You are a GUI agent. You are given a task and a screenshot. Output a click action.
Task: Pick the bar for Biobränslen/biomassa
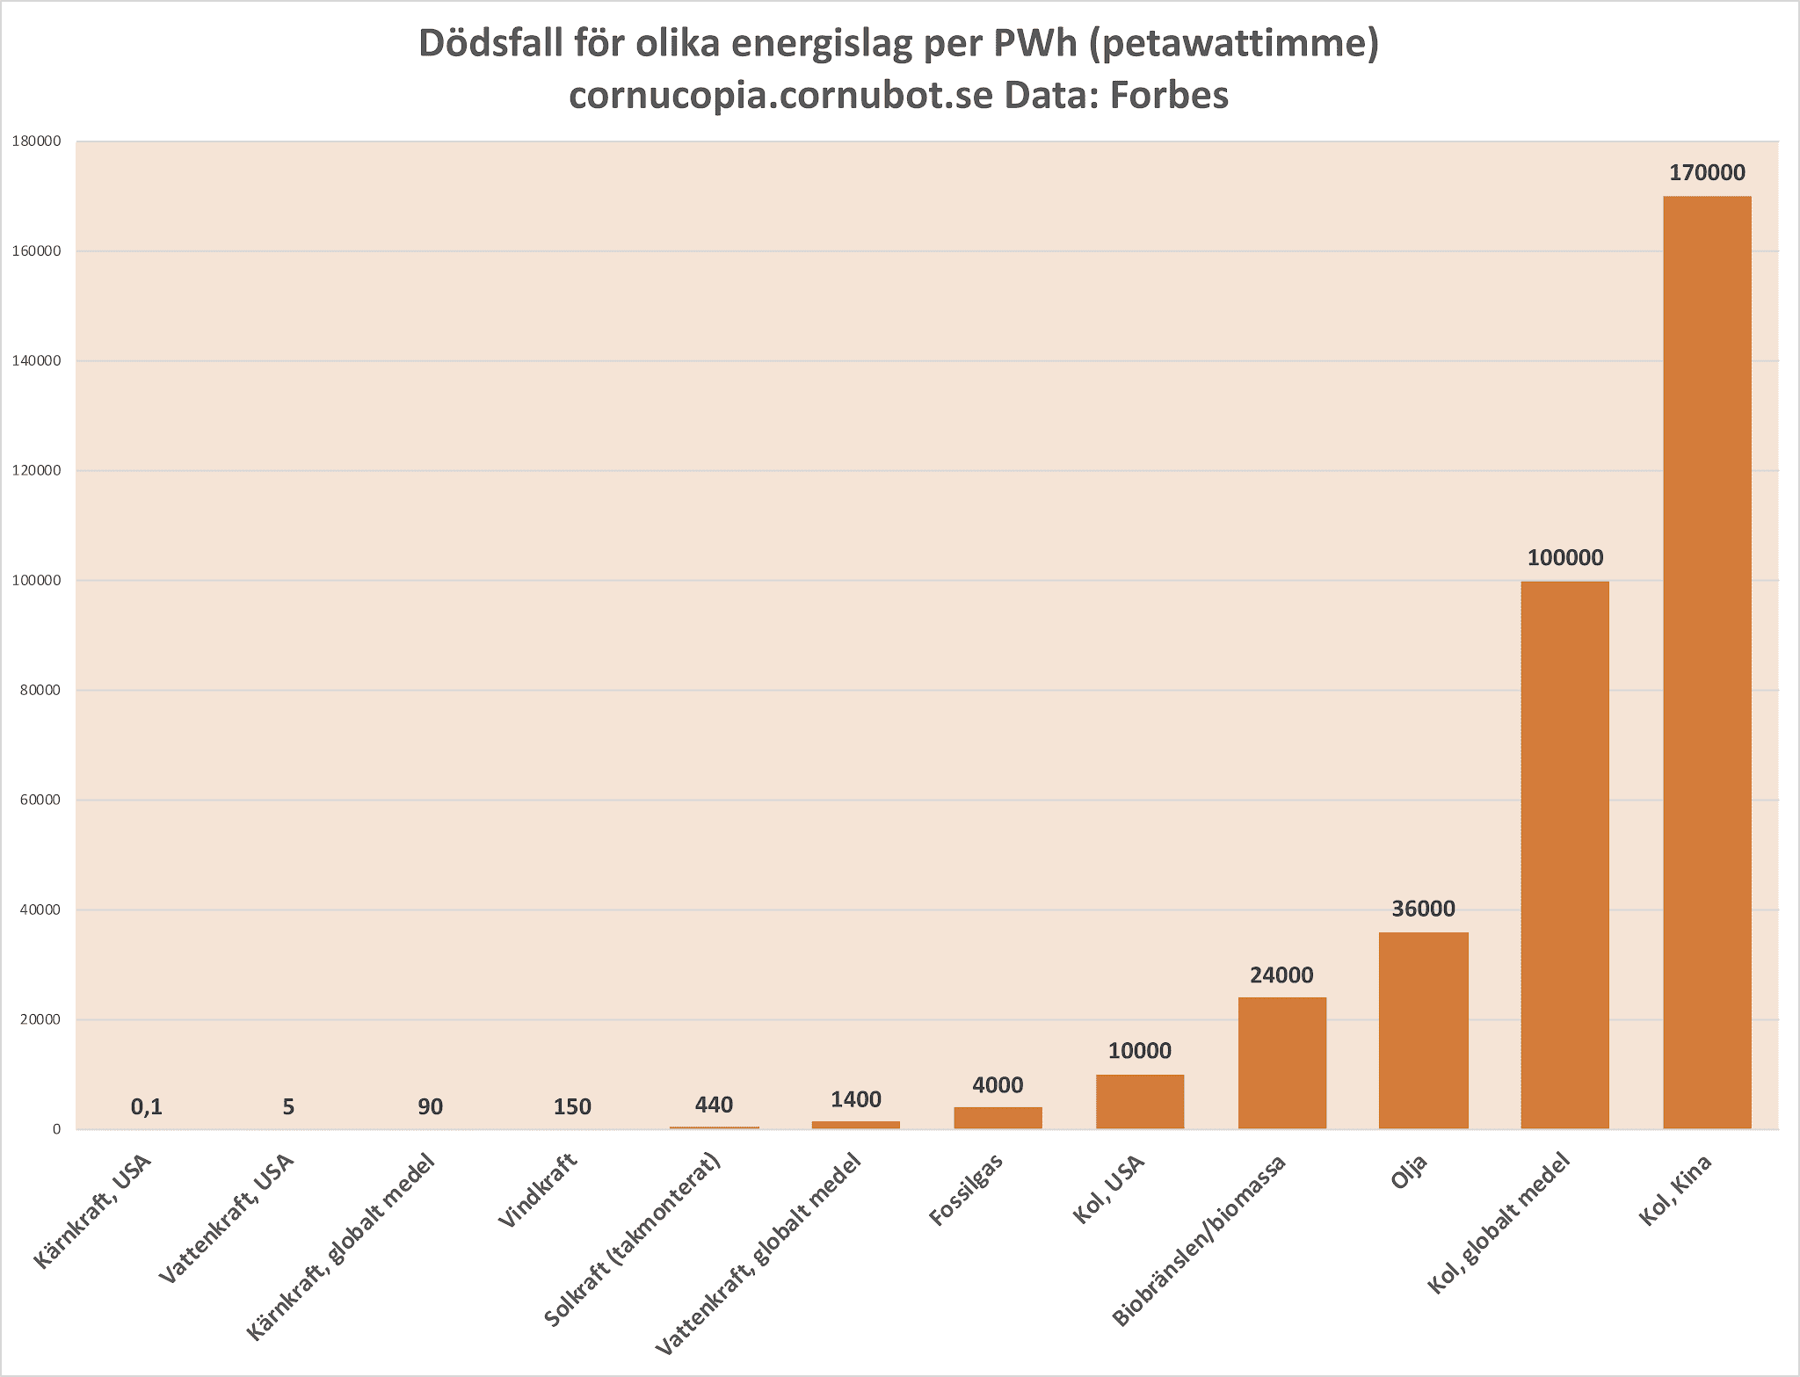click(1281, 1062)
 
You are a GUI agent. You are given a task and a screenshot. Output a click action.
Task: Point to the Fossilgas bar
click(998, 1118)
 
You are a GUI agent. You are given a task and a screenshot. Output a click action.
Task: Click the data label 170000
click(1707, 173)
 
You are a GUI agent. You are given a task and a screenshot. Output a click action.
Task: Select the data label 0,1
click(147, 1107)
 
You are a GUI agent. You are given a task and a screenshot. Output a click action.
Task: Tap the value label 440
click(714, 1105)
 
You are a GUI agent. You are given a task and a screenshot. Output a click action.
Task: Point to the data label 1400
click(855, 1099)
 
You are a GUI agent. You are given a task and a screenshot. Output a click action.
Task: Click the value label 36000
click(1423, 909)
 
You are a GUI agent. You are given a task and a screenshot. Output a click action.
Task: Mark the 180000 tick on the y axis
click(37, 141)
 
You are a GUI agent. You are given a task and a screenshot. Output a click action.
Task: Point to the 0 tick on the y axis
click(56, 1129)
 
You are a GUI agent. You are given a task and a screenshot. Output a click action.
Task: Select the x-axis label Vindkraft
click(537, 1191)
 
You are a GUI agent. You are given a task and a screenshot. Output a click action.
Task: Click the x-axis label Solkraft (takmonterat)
click(633, 1238)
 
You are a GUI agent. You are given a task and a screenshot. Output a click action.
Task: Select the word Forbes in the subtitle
click(1168, 95)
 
